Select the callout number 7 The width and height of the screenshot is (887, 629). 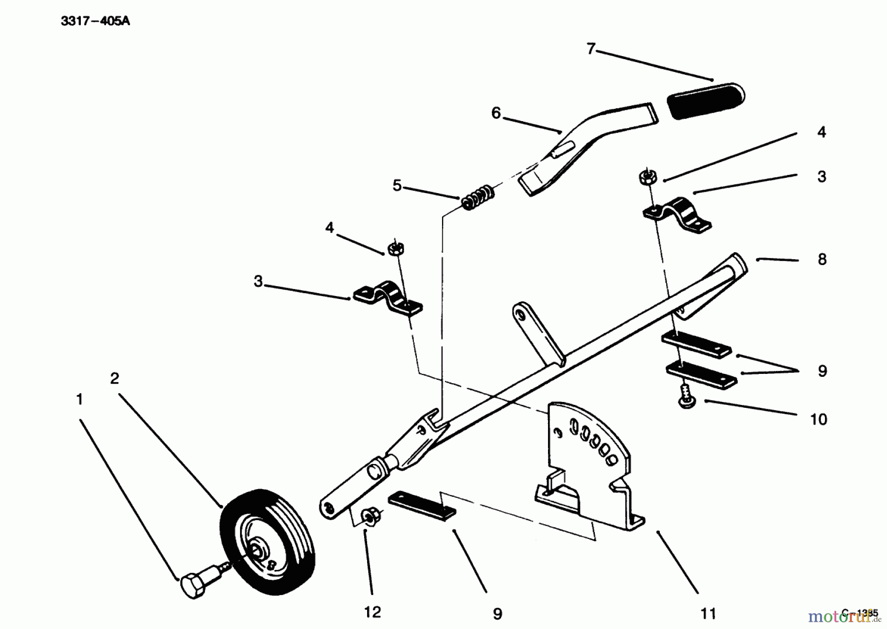click(591, 49)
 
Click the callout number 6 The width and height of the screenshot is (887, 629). click(496, 113)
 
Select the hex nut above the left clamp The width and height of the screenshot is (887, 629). click(395, 249)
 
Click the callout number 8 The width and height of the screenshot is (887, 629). click(821, 260)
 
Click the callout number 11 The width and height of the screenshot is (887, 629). click(708, 613)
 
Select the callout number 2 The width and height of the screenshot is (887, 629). click(114, 378)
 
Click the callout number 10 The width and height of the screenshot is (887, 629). click(819, 419)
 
